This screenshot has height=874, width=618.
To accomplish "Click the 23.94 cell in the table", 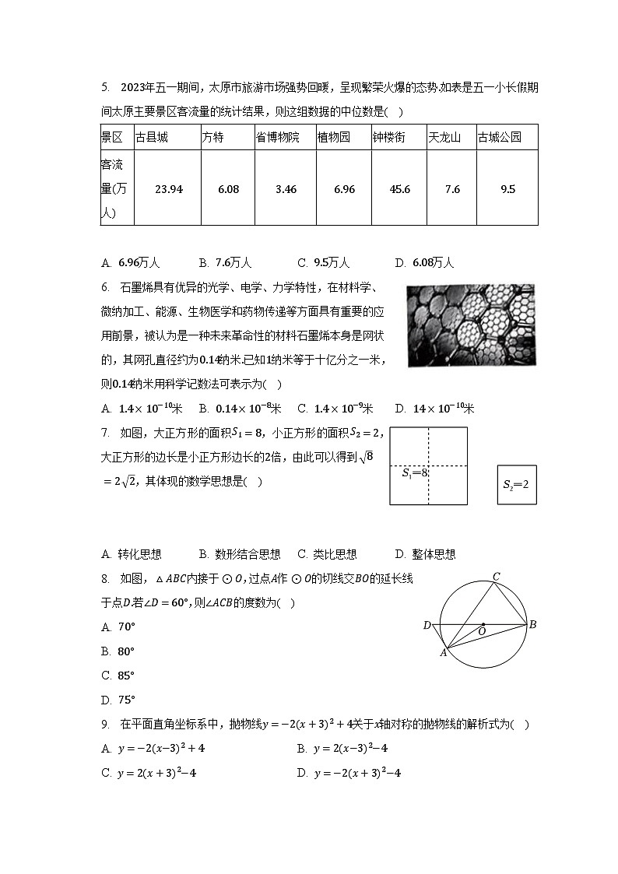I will [x=169, y=189].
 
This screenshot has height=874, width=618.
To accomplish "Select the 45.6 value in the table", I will [x=399, y=189].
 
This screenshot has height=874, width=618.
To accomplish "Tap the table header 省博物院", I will [x=278, y=138].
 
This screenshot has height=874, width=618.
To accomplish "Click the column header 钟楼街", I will [x=388, y=138].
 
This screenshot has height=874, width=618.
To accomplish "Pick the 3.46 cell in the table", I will [x=286, y=189].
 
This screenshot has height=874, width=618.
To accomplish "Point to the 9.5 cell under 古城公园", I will [x=507, y=189].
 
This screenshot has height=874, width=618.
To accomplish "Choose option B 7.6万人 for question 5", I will [x=226, y=262].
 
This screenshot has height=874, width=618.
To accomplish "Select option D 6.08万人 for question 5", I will [x=424, y=262].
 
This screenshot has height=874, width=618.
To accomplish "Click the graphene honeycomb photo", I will [x=471, y=324].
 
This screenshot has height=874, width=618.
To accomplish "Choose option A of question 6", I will [x=142, y=409].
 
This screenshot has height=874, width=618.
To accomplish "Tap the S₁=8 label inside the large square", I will [x=415, y=472].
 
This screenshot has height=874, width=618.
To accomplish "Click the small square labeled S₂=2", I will [x=517, y=484].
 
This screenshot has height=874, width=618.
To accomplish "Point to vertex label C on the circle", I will [x=496, y=577].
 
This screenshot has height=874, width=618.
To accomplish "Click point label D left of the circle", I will [x=427, y=626].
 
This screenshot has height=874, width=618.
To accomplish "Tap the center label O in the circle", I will [x=482, y=632].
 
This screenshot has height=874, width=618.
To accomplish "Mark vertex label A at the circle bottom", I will [x=443, y=652].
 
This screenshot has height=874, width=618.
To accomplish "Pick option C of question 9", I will [x=151, y=773].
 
